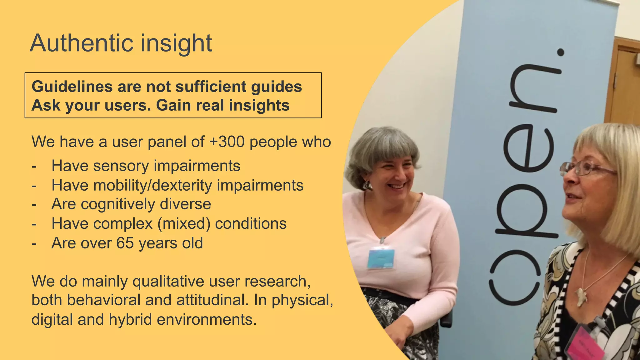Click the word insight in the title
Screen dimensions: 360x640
(176, 43)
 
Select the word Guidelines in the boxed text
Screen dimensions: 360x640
(72, 87)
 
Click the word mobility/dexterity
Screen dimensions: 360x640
(153, 185)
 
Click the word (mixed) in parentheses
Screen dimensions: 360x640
(184, 224)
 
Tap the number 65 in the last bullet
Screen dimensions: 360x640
(125, 243)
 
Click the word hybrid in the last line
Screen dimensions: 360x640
(130, 320)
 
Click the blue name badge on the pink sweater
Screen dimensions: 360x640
(381, 258)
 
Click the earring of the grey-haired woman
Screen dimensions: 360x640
(367, 186)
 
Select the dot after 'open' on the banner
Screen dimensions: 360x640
(561, 52)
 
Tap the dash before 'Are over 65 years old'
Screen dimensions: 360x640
(34, 243)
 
